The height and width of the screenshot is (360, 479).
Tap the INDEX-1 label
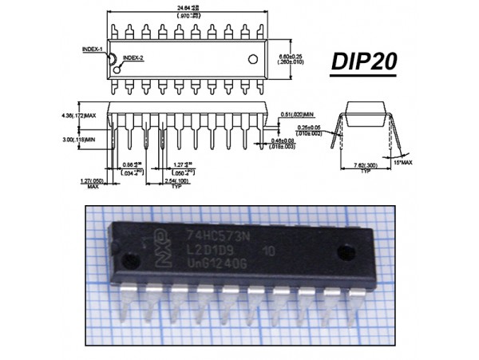click(x=92, y=49)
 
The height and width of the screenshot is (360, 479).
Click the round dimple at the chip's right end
click(x=345, y=251)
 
